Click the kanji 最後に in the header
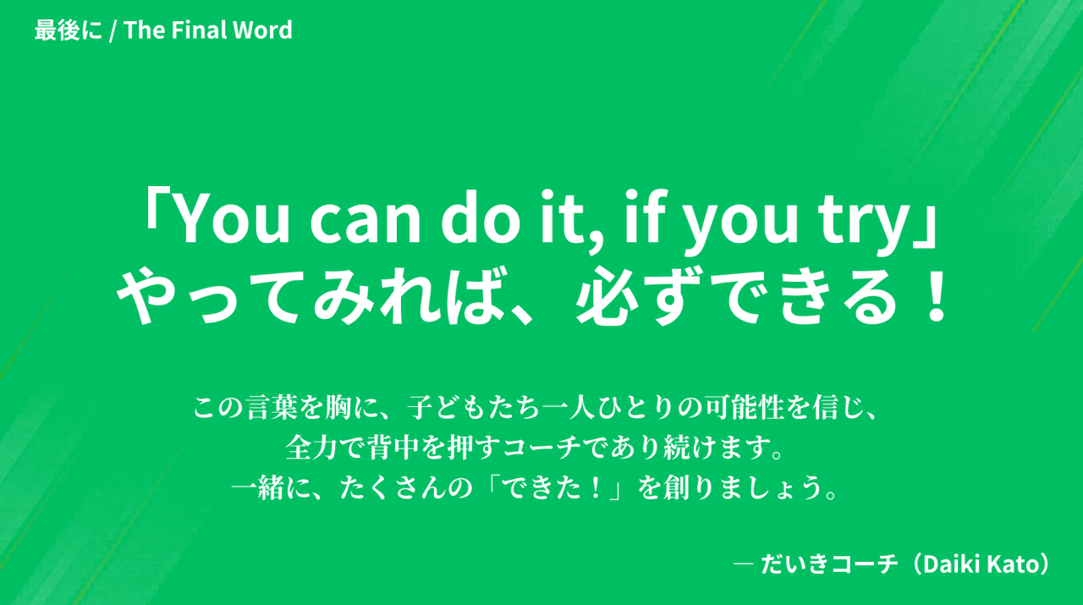click(69, 30)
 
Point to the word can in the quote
click(366, 222)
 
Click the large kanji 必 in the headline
click(607, 297)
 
